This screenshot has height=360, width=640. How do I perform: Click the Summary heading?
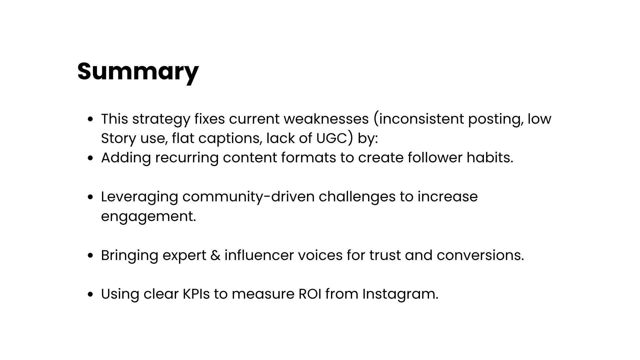138,71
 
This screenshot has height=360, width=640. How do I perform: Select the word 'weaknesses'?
326,119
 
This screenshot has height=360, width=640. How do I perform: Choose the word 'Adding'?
126,158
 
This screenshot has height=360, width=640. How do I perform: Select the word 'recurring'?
187,158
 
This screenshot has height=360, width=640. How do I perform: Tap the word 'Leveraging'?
140,197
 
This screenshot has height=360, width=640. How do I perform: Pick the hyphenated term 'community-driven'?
248,197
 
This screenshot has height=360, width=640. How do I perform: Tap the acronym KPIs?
196,294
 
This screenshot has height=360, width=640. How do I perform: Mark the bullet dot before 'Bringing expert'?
90,256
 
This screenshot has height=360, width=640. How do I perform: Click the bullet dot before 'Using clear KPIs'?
90,295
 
